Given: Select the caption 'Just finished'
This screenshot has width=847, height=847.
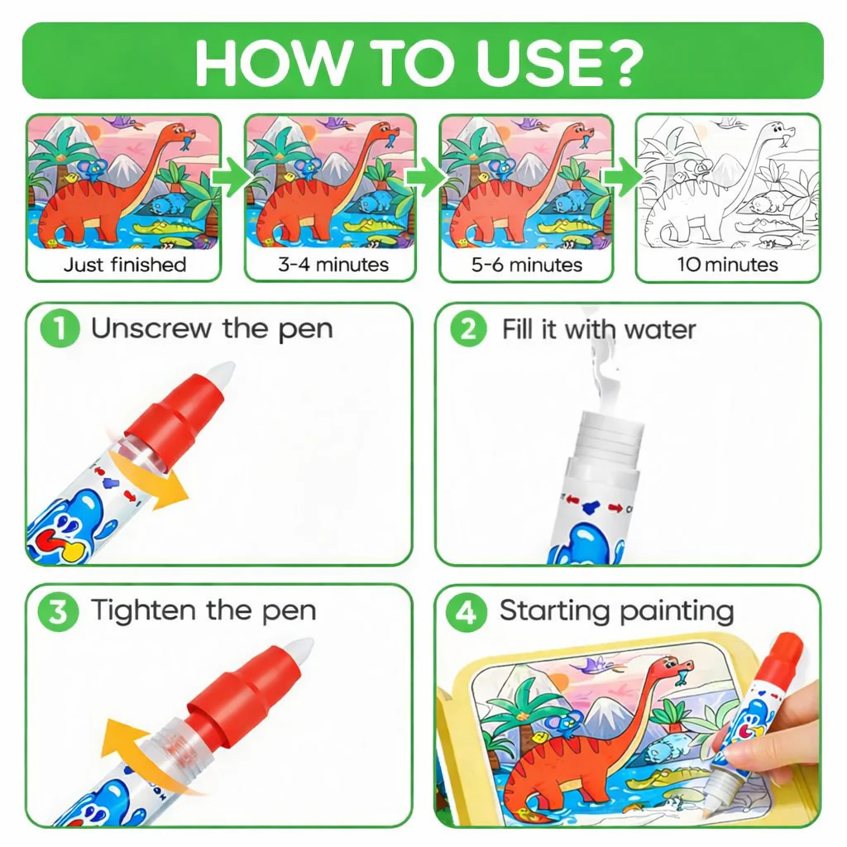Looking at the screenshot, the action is click(x=125, y=265).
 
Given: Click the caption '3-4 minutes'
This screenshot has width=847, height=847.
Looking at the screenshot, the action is click(x=333, y=265).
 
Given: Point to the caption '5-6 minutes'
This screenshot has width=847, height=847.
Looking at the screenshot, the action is click(x=527, y=265).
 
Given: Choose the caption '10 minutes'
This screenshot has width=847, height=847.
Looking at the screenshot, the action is click(x=728, y=265).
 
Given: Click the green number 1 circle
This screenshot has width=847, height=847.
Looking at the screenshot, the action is click(x=60, y=328).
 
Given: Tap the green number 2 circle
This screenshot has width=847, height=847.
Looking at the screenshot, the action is click(x=468, y=328).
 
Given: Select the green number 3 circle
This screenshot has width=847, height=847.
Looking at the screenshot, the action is click(x=58, y=612).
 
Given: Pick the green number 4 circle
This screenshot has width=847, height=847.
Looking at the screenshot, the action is click(x=467, y=612).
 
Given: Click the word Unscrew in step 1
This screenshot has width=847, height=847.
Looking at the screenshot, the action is click(x=151, y=328).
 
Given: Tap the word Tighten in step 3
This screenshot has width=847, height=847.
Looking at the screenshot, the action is click(x=144, y=611).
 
